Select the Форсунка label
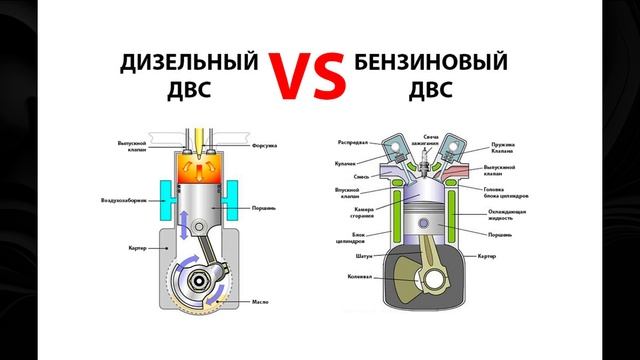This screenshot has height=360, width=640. [265, 145]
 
